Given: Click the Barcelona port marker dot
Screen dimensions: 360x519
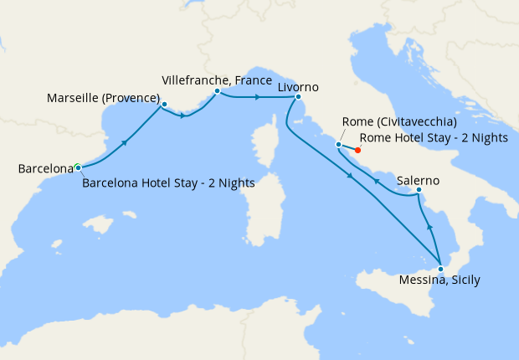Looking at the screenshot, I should (x=78, y=167).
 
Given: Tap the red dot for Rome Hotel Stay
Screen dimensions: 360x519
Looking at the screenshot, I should (x=357, y=152).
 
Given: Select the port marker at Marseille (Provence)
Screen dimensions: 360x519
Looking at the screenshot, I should (x=164, y=105).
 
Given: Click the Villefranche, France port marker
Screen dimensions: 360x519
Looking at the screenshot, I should (x=217, y=90).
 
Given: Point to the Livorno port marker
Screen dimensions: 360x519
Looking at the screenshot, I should (x=297, y=97).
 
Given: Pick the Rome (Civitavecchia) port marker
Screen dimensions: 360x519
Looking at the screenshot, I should (x=338, y=145).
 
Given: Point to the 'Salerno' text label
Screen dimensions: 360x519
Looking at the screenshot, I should (x=419, y=180).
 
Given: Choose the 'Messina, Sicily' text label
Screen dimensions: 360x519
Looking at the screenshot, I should (x=440, y=280).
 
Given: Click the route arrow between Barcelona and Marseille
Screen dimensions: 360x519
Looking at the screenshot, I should (x=124, y=142).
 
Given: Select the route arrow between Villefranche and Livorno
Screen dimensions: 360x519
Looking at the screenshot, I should (x=257, y=97).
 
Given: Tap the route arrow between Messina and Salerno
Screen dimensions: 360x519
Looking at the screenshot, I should (x=429, y=226).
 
